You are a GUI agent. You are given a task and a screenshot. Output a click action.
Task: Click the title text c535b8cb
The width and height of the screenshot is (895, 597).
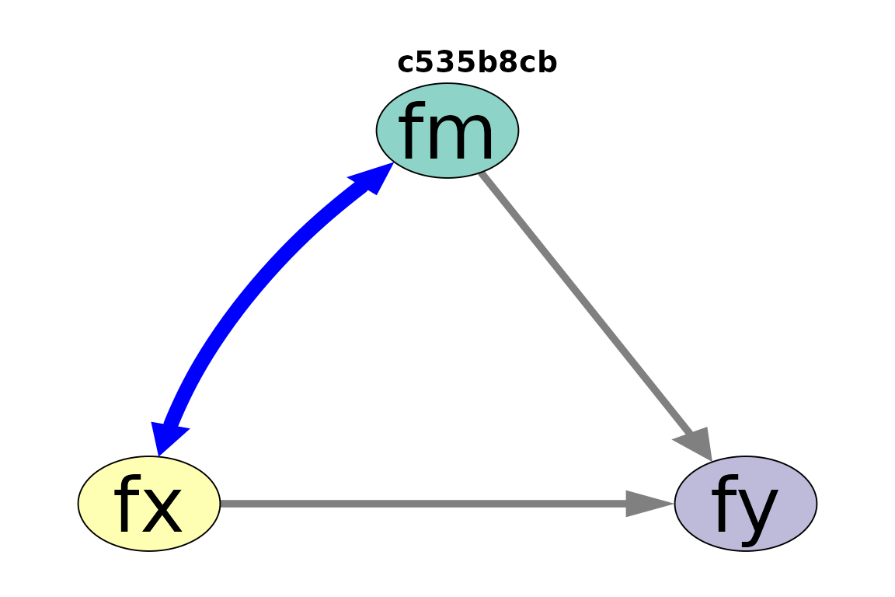[476, 62]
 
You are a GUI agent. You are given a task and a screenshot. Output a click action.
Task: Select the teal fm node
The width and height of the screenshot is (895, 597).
[447, 131]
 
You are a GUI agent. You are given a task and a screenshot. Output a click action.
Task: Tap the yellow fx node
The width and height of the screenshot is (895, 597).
[149, 503]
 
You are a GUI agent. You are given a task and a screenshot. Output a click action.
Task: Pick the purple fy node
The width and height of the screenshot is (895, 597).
[746, 503]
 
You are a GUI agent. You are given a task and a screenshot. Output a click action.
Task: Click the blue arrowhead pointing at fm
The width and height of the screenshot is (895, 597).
[372, 177]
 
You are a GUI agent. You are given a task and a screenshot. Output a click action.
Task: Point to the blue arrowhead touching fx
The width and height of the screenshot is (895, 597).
[167, 438]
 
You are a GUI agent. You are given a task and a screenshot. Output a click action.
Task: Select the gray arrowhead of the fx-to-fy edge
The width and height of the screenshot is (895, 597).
[649, 503]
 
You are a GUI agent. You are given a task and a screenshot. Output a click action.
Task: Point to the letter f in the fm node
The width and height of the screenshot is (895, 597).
[412, 131]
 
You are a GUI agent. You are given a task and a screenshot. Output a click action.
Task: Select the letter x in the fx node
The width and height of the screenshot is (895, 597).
[164, 509]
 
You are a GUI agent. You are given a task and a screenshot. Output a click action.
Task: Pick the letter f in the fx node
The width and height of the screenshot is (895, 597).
[128, 503]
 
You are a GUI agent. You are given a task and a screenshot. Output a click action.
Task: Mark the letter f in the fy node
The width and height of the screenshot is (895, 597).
[725, 503]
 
